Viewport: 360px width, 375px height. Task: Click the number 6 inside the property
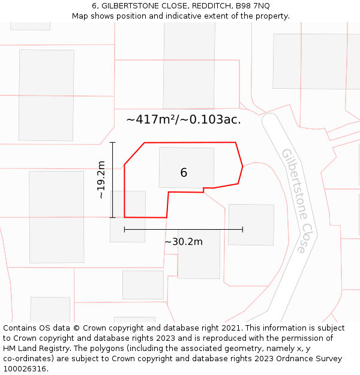pos(184,173)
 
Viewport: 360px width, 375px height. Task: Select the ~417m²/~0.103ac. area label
pos(184,119)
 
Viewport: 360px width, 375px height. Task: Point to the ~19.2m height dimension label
pos(101,179)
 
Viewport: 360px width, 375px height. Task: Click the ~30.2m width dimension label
pos(184,242)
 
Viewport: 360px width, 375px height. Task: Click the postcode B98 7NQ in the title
pos(253,5)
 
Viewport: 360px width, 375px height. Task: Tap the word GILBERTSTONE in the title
pos(130,5)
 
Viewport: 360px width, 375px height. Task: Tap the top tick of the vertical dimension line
pos(112,142)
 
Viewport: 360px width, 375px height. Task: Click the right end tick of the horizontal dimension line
pos(242,229)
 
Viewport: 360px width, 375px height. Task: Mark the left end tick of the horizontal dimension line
pos(124,229)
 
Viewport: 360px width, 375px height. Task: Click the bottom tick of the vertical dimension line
pos(112,217)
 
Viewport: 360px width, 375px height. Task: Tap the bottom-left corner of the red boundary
pos(125,217)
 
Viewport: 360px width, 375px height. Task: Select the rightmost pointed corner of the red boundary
pos(242,166)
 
